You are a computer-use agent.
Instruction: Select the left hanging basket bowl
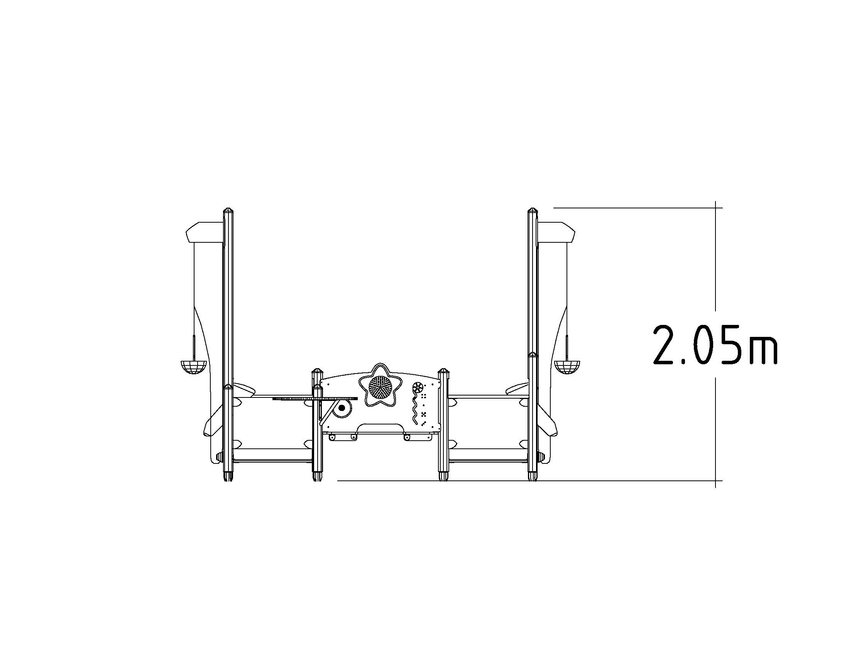click(x=193, y=367)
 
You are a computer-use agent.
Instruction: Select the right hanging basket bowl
click(x=567, y=367)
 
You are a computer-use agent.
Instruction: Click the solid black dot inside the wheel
click(x=342, y=407)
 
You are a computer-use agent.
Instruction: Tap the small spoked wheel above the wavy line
click(x=418, y=387)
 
